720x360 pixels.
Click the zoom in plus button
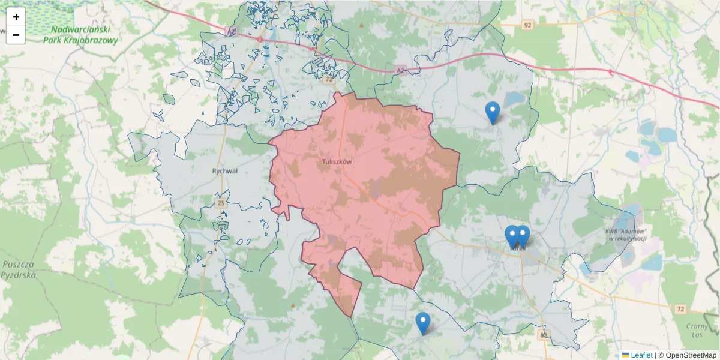click(16, 17)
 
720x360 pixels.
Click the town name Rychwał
click(225, 171)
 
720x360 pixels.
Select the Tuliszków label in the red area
click(337, 162)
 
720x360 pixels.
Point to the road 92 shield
click(527, 25)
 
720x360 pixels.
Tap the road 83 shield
click(544, 335)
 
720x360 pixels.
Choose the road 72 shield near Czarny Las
click(680, 309)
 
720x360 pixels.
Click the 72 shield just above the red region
click(328, 79)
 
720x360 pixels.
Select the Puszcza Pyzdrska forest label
click(18, 269)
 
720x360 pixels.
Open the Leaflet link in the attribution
click(641, 355)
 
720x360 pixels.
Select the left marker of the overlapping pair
click(511, 236)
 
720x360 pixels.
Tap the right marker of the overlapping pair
click(523, 236)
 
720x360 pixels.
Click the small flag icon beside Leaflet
click(626, 355)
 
